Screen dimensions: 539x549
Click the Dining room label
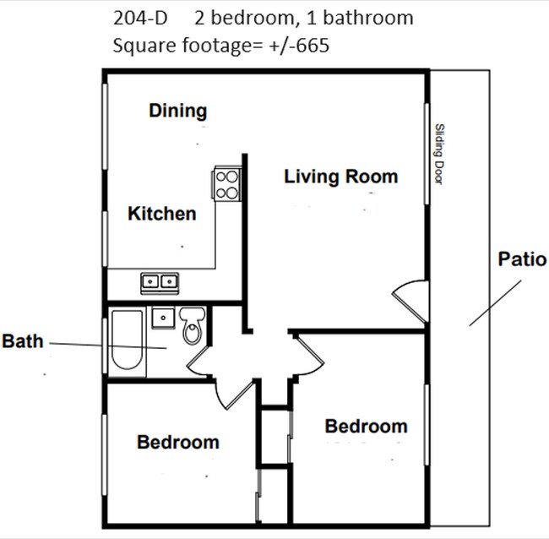[177, 111]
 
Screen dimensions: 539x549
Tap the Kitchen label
[161, 214]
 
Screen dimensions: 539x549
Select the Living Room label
[340, 177]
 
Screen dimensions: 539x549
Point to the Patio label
[521, 259]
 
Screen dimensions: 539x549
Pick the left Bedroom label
[177, 442]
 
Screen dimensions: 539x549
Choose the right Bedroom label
[366, 427]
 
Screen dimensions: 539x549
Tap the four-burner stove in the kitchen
[226, 183]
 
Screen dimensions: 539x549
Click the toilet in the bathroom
[193, 325]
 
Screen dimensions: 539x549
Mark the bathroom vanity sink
[161, 317]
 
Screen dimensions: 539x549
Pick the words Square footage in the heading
[172, 46]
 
